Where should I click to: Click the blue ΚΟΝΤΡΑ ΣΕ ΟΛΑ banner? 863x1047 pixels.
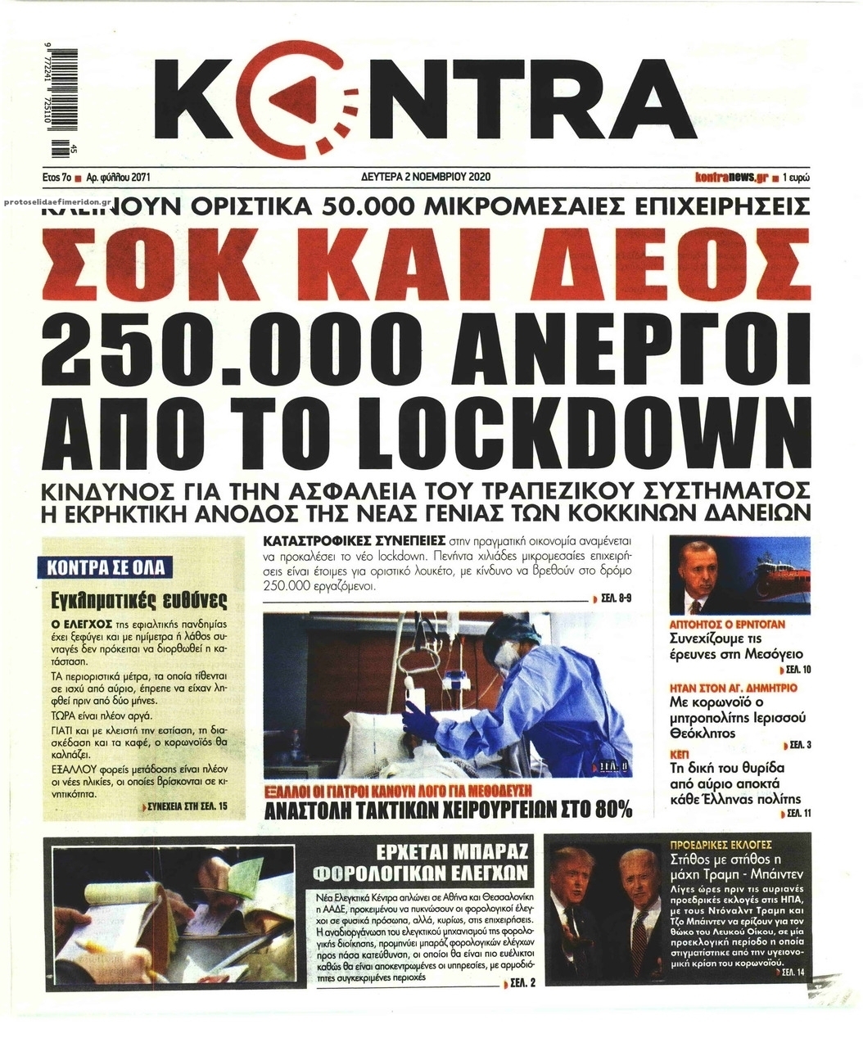[102, 567]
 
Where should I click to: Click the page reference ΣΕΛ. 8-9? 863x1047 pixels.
[616, 599]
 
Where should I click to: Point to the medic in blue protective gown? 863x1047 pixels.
[516, 688]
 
